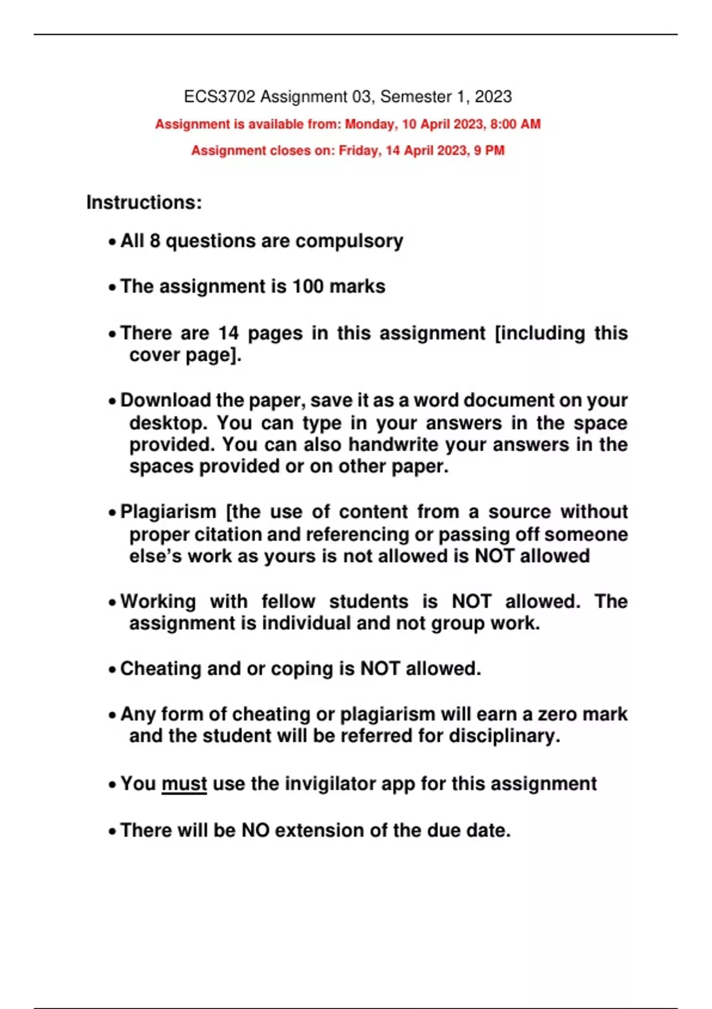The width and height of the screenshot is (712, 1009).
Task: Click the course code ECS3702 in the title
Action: pyautogui.click(x=220, y=97)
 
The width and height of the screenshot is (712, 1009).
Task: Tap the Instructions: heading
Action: pyautogui.click(x=144, y=202)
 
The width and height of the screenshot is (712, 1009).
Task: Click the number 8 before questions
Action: pyautogui.click(x=155, y=241)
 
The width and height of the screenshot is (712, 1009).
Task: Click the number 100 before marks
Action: pyautogui.click(x=308, y=287)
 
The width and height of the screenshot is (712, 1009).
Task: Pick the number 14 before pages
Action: pyautogui.click(x=228, y=333)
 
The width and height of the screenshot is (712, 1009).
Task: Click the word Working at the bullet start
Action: pyautogui.click(x=158, y=602)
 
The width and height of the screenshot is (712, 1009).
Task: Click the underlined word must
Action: pyautogui.click(x=184, y=784)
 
